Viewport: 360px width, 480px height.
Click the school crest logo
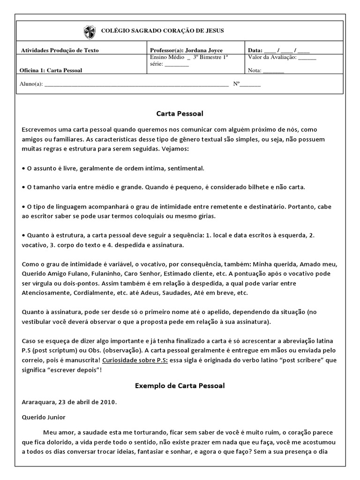tap(89, 32)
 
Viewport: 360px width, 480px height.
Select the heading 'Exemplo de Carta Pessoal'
tap(180, 386)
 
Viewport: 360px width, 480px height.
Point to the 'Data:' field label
tap(255, 51)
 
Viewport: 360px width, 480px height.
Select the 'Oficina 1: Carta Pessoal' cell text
tap(51, 70)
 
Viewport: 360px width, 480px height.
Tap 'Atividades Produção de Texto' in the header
tap(60, 51)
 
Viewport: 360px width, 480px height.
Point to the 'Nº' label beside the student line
tap(237, 84)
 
